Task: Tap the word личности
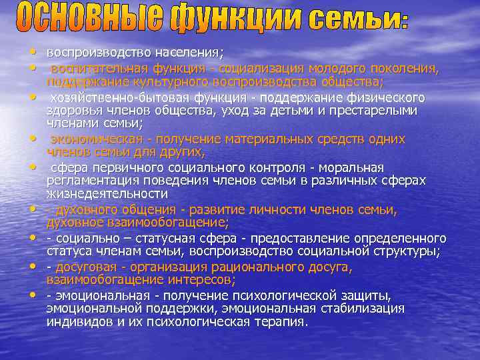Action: pos(261,210)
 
